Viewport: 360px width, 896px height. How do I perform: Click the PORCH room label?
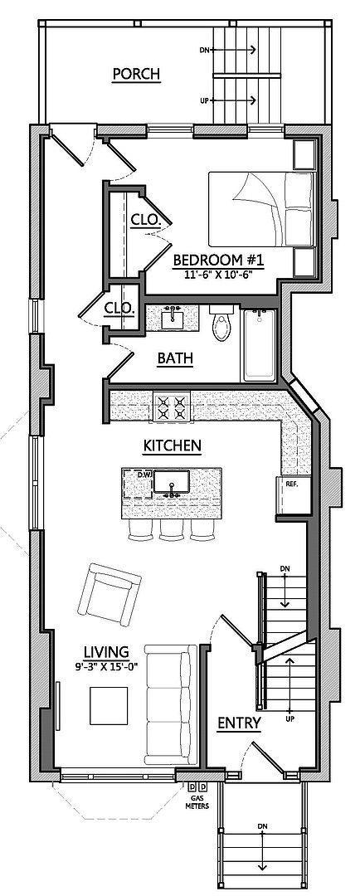pyautogui.click(x=135, y=74)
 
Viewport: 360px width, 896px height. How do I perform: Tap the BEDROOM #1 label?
pyautogui.click(x=218, y=261)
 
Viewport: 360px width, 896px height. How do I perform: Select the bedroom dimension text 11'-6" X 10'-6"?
pyautogui.click(x=219, y=274)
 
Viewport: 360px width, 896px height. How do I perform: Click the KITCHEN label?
pyautogui.click(x=172, y=446)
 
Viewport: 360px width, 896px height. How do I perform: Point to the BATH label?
pyautogui.click(x=175, y=359)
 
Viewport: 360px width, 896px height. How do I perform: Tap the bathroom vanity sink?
pyautogui.click(x=173, y=318)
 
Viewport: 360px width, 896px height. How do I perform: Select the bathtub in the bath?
pyautogui.click(x=260, y=345)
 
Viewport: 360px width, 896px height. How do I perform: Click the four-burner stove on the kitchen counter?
pyautogui.click(x=172, y=407)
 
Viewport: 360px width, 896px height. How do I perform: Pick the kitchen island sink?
pyautogui.click(x=172, y=482)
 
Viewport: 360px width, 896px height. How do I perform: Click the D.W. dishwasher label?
pyautogui.click(x=145, y=475)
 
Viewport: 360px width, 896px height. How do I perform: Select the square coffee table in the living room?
pyautogui.click(x=109, y=706)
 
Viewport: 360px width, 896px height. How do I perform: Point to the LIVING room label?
pyautogui.click(x=106, y=651)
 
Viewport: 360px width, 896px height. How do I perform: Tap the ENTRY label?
pyautogui.click(x=240, y=723)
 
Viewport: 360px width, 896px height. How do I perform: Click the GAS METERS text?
pyautogui.click(x=196, y=803)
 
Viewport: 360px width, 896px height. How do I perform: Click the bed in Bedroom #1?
pyautogui.click(x=262, y=209)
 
